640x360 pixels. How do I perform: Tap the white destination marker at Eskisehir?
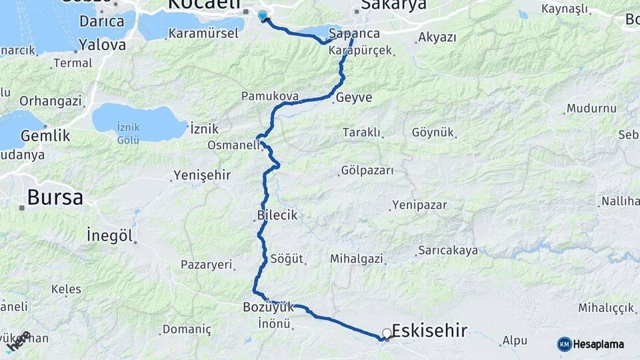387,333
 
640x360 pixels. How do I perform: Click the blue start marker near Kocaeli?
262,15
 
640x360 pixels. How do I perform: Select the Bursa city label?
55,198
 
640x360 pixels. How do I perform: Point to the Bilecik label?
277,215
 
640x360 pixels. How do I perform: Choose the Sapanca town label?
354,33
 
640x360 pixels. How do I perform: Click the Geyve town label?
354,97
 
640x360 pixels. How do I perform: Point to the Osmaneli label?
233,145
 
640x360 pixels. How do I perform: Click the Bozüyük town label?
269,307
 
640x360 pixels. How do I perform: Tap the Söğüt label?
287,258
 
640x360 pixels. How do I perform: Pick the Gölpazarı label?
367,171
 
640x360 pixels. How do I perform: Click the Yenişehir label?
202,175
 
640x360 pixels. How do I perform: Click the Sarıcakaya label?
447,251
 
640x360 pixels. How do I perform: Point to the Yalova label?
102,45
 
